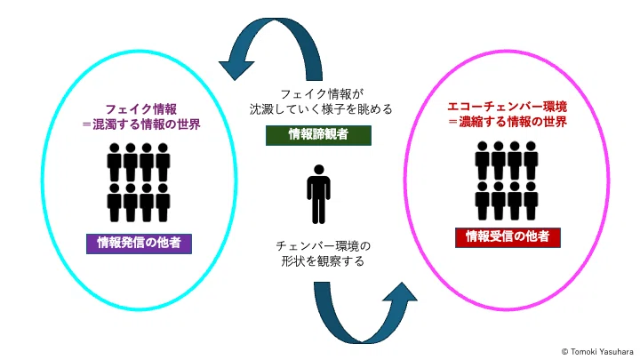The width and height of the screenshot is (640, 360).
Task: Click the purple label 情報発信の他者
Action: point(139,244)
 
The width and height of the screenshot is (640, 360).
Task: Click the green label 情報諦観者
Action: point(318,135)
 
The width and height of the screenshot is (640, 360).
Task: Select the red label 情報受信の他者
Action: point(508,237)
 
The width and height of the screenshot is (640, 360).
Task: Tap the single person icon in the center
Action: point(319,195)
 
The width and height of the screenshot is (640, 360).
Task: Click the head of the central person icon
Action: point(319,170)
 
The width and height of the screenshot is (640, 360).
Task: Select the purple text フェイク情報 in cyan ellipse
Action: point(140,109)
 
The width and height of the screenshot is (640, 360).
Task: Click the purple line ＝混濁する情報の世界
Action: point(140,124)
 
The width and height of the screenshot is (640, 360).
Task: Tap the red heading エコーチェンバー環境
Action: point(508,107)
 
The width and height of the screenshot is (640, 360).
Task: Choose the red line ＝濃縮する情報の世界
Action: point(508,122)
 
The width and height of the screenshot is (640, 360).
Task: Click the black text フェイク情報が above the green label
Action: point(321,94)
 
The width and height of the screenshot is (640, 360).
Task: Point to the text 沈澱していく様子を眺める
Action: point(321,109)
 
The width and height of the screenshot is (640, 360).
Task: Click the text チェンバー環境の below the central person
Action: point(323,246)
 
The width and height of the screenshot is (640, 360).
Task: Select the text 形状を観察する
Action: point(323,260)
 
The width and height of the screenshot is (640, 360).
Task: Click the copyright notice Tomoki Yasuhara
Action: point(597,351)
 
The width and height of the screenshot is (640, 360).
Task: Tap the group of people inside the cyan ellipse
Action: point(139,182)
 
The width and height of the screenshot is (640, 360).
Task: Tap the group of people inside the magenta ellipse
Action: point(507,180)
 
